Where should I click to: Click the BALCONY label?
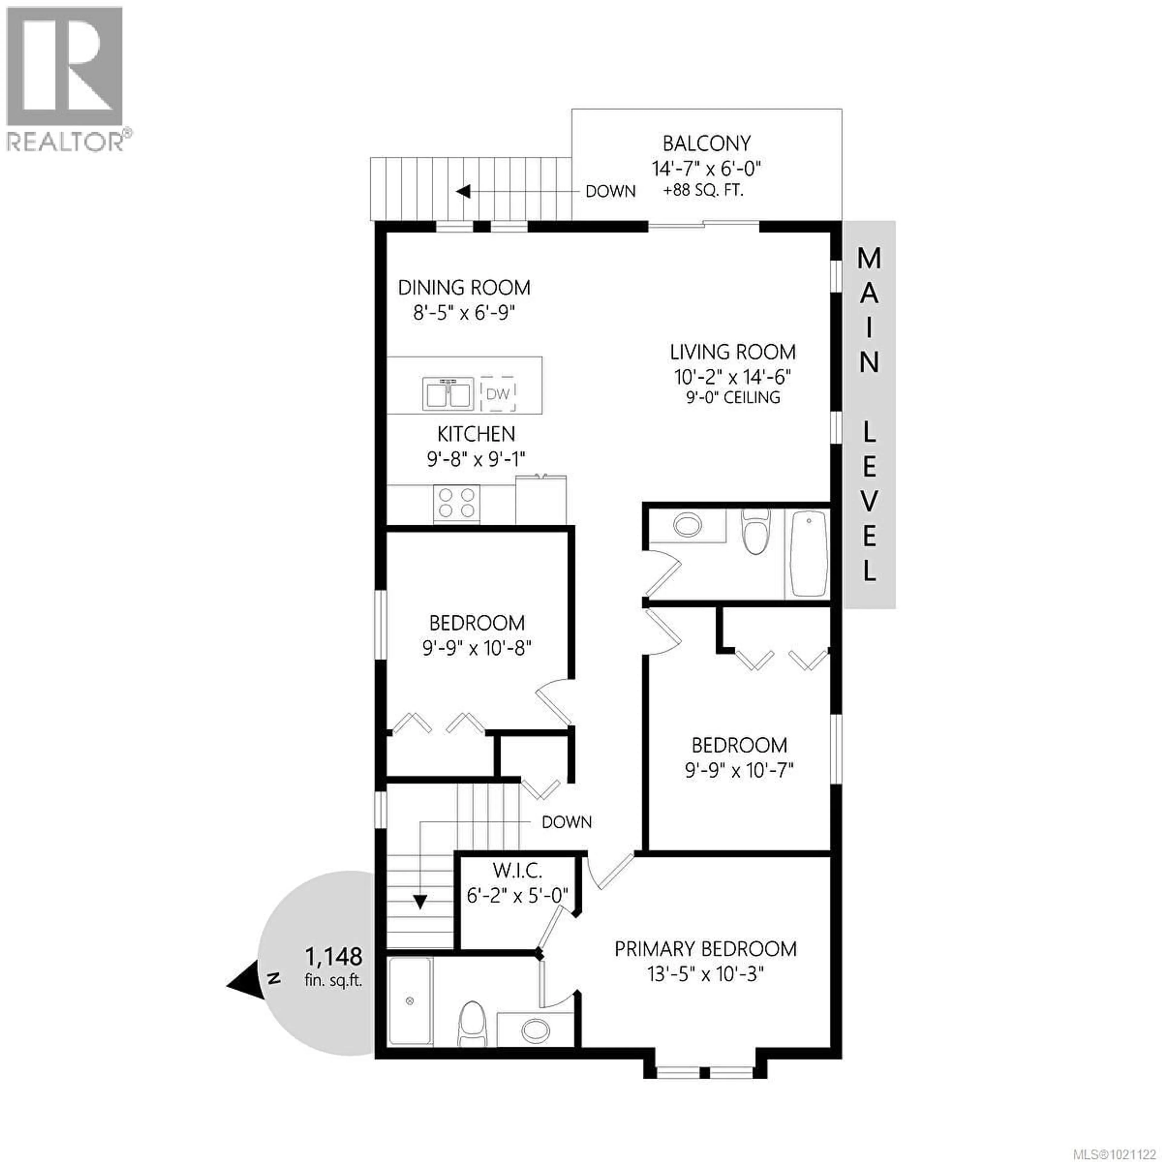coord(707,144)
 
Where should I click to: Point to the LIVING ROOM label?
coord(733,352)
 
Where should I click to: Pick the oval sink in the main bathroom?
coord(688,524)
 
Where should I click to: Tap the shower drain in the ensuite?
coord(410,1001)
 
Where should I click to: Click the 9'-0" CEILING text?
coord(733,398)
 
